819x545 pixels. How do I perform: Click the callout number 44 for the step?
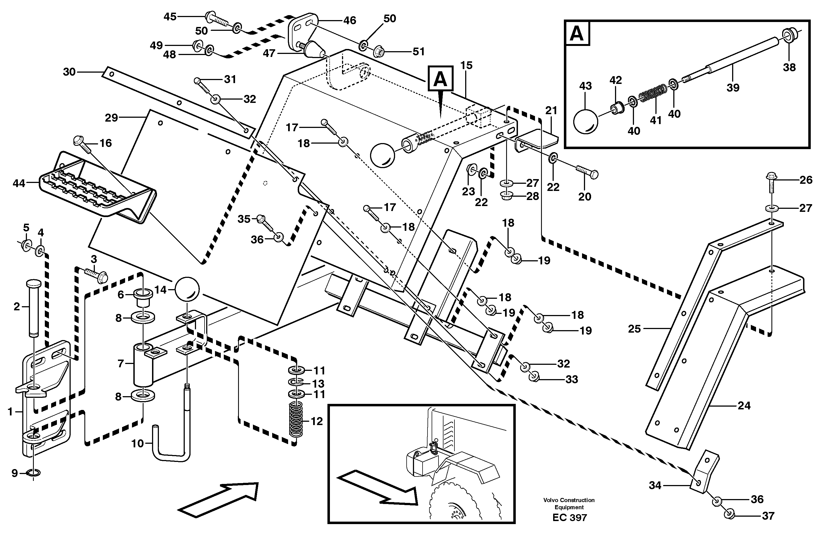click(19, 183)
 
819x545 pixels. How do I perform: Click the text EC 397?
click(569, 517)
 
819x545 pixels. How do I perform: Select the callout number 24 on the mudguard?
click(744, 406)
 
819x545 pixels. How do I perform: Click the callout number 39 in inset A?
click(733, 87)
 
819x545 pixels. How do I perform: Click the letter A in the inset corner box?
click(577, 34)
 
